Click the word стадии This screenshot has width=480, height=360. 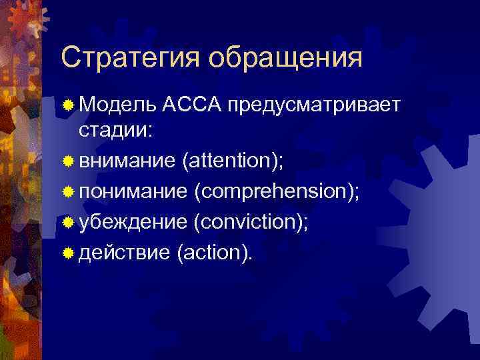pos(115,131)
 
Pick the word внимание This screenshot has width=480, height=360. pos(125,161)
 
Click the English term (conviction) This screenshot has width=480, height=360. pos(250,221)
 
